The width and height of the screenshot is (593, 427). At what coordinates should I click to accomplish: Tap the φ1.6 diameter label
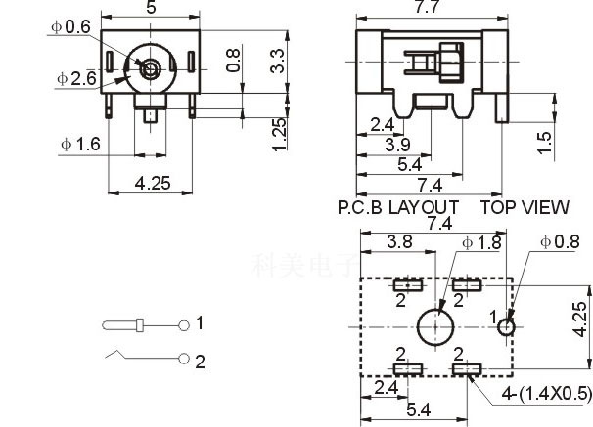tap(80, 144)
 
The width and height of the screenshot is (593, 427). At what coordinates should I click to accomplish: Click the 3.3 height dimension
tap(279, 62)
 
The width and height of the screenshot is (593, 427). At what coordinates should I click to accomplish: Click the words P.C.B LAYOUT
tap(397, 207)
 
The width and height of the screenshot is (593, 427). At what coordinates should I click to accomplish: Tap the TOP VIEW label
tap(524, 207)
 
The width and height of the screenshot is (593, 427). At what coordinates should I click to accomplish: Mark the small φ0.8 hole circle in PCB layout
tap(505, 325)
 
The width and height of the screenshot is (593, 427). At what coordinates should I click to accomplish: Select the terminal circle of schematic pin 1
tap(184, 324)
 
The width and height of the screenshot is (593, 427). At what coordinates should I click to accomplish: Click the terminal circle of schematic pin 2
tap(184, 360)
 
